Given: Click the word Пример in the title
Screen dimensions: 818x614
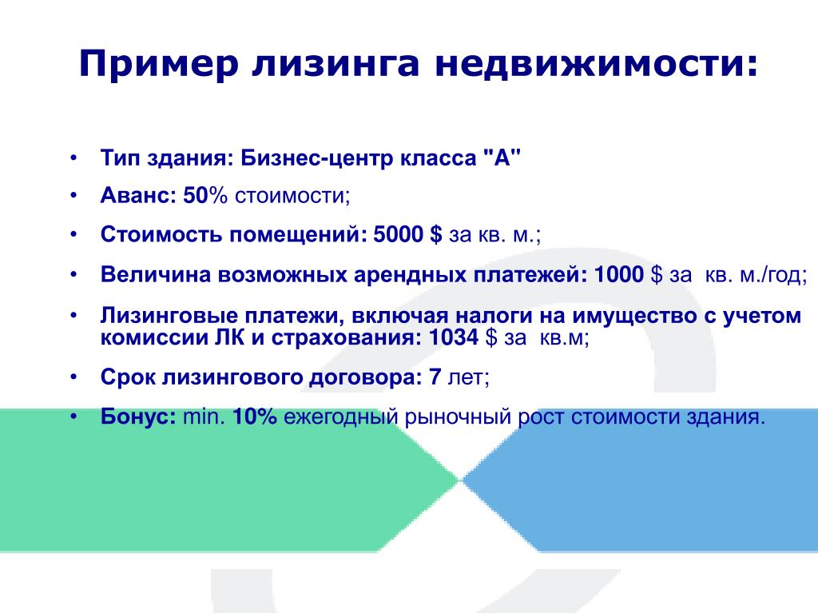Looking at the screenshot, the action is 159,64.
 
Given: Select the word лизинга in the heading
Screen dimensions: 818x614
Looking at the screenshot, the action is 336,64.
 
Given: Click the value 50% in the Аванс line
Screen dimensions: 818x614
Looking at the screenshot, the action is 205,195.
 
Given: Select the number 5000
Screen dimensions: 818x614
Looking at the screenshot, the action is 398,234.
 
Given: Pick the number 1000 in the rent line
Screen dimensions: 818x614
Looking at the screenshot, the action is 619,274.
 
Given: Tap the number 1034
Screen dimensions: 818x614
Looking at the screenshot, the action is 454,337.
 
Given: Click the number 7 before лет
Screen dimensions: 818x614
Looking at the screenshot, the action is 435,377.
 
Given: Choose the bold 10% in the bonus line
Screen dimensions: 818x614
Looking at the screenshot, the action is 254,417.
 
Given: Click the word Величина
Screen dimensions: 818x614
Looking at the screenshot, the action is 156,274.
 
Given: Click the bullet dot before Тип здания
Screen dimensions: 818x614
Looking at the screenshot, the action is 73,157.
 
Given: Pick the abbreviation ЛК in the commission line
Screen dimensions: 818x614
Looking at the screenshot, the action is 229,337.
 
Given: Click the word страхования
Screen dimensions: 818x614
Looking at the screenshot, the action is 346,338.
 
